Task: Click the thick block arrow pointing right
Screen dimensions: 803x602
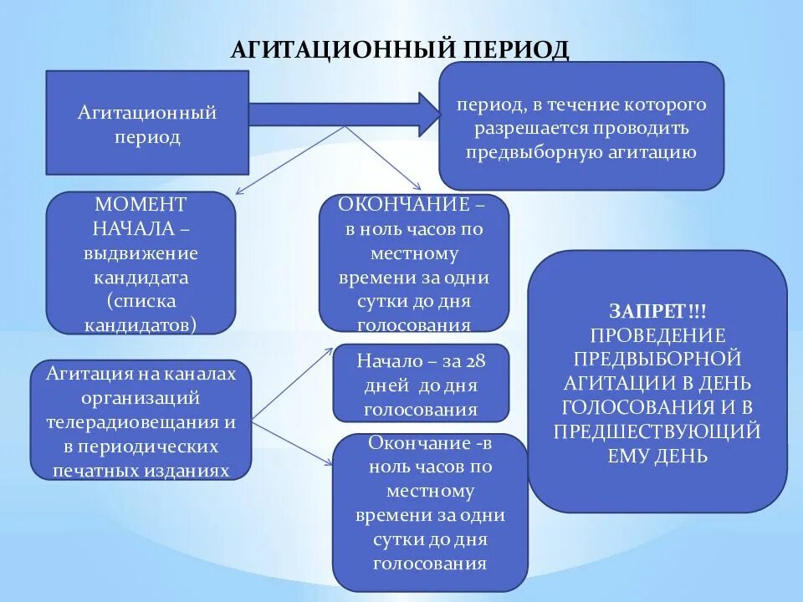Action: coord(343,114)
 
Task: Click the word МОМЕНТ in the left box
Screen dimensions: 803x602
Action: coord(141,205)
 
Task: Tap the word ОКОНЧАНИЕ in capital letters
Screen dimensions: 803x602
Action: coord(404,205)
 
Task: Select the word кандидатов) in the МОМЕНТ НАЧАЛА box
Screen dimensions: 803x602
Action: coord(141,324)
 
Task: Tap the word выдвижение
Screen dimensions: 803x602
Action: coord(141,253)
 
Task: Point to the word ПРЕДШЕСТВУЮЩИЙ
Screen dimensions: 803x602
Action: coord(657,432)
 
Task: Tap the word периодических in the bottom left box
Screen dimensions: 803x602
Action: coord(141,446)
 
